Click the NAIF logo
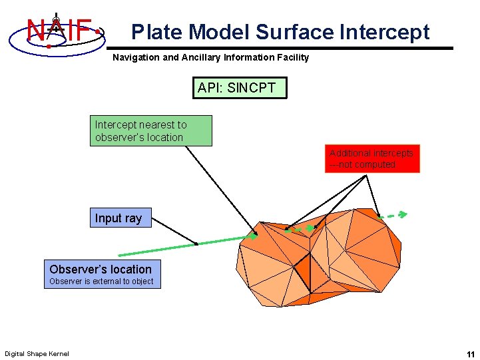point(58,30)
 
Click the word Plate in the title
point(158,32)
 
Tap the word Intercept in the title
point(385,32)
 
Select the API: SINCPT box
point(240,87)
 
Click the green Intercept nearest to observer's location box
point(151,130)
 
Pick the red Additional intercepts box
point(372,158)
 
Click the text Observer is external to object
point(101,281)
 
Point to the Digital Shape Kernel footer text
point(37,353)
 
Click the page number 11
point(471,353)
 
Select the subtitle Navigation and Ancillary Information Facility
point(210,57)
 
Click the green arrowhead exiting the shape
point(401,214)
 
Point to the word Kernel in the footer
point(57,353)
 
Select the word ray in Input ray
point(134,218)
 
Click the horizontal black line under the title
point(280,48)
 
